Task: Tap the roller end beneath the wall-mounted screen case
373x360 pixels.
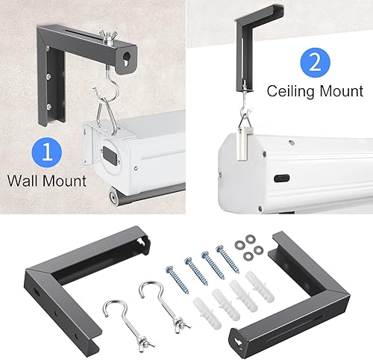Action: click(110, 196)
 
